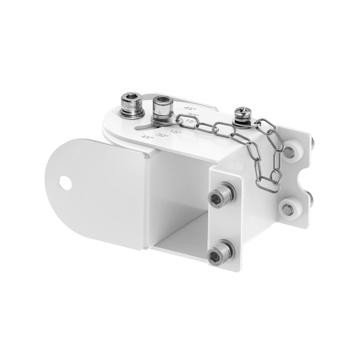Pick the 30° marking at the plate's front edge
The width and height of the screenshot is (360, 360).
click(162, 134)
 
